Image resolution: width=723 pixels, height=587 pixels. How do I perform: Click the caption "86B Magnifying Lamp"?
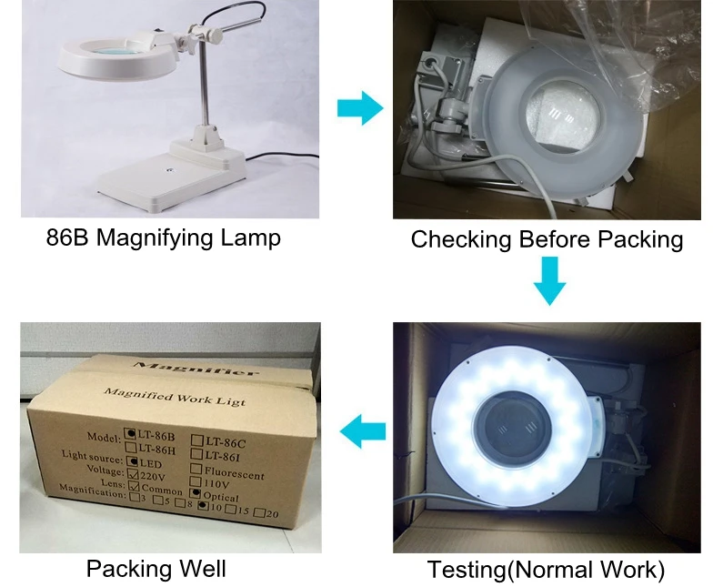click(x=163, y=238)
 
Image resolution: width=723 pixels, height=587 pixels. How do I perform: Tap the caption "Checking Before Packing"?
click(x=547, y=239)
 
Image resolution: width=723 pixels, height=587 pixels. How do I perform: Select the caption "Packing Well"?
click(x=156, y=569)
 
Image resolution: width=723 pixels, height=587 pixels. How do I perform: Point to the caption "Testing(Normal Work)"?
click(x=546, y=571)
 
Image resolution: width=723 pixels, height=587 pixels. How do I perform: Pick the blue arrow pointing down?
click(x=548, y=281)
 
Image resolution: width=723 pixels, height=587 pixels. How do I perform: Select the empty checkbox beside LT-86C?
click(x=197, y=441)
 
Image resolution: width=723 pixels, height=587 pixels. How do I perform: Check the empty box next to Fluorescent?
click(x=197, y=470)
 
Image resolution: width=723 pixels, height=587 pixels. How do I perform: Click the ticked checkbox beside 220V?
click(x=133, y=473)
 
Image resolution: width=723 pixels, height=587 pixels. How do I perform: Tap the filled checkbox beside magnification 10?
click(x=202, y=508)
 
